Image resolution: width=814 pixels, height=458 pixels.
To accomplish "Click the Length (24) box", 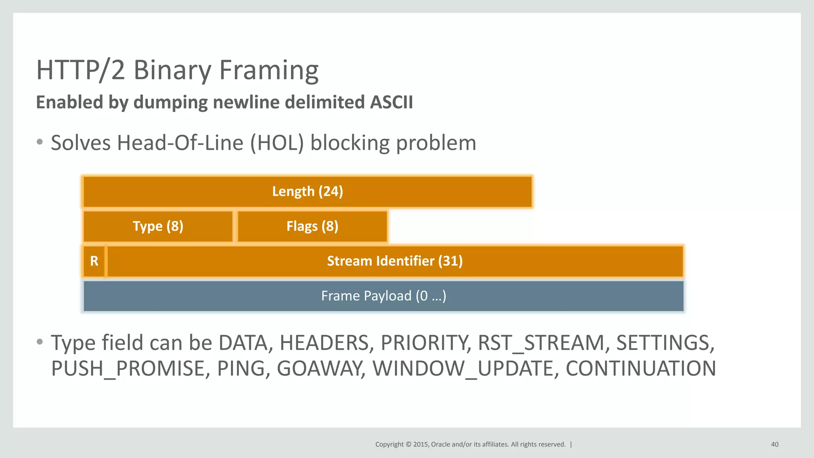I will point(307,192).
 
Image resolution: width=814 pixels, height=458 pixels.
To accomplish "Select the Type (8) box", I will point(158,226).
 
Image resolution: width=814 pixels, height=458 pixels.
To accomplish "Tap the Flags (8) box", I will point(312,226).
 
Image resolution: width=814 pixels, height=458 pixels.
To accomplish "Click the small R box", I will point(94,261).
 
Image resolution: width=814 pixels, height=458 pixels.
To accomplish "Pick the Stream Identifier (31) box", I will point(395,261).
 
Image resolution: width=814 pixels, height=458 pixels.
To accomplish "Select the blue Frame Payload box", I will point(383,296).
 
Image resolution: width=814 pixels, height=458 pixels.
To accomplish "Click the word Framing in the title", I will point(269,70).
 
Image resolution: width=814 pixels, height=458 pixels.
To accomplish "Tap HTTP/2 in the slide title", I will point(81,70).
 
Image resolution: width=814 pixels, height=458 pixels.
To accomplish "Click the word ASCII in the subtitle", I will point(391,102).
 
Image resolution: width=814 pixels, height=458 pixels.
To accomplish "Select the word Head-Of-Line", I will point(180,143).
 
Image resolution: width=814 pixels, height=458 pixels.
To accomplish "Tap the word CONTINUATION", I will point(641,369).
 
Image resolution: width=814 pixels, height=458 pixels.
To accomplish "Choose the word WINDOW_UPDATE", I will point(463,369).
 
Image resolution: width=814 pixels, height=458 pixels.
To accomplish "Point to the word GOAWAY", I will point(320,369).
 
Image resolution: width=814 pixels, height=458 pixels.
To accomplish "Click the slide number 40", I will point(775,444).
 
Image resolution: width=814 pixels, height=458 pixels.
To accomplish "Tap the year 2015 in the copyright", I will point(421,444).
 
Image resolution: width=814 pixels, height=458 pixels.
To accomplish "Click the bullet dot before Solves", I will point(39,142).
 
